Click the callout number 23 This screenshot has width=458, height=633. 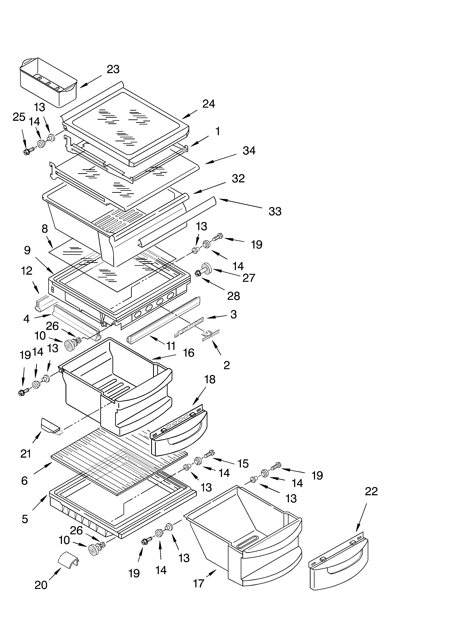click(x=113, y=69)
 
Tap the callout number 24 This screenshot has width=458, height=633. click(x=209, y=104)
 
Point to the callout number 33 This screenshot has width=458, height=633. click(x=275, y=212)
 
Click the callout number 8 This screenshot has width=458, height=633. click(x=45, y=229)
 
